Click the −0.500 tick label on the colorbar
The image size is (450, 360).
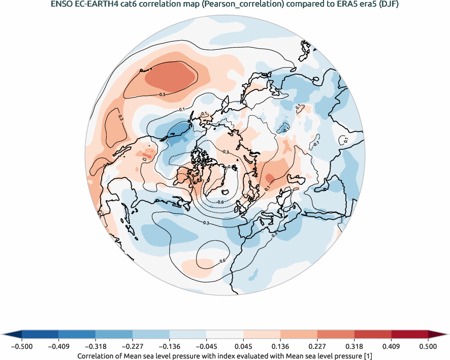click(22, 346)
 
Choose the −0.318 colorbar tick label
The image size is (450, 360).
click(95, 346)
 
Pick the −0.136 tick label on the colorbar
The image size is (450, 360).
click(170, 346)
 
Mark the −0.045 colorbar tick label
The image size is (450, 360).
click(206, 346)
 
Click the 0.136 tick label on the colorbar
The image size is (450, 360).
click(280, 346)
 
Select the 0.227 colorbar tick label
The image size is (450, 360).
click(317, 346)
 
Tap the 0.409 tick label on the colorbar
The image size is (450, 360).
click(391, 346)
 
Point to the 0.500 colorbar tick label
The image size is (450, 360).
click(428, 346)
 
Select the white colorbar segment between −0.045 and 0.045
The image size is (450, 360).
click(225, 334)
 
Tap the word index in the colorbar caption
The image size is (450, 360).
click(233, 356)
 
